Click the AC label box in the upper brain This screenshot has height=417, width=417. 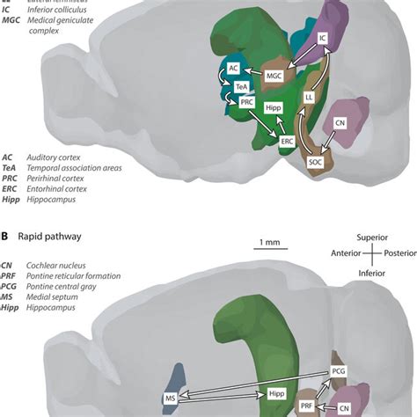[x=233, y=68]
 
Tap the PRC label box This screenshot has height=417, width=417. [x=246, y=102]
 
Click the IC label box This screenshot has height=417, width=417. [x=322, y=39]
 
